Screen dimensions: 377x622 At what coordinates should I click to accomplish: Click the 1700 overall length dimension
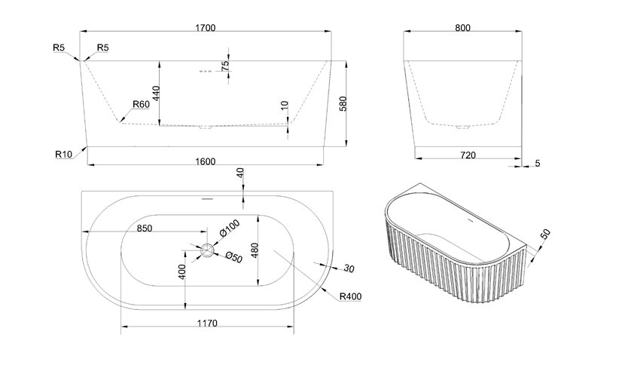click(205, 28)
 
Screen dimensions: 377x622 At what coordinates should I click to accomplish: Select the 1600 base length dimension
click(205, 161)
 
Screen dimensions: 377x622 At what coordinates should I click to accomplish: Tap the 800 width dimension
click(463, 28)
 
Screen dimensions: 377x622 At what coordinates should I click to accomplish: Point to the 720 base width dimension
click(467, 155)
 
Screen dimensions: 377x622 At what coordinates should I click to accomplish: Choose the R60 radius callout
click(140, 104)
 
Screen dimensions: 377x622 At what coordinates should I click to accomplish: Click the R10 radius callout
click(63, 154)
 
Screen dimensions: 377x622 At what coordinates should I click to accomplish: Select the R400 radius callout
click(350, 296)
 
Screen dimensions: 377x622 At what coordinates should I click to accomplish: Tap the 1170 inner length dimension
click(208, 323)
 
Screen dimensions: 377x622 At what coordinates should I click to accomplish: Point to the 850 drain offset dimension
click(144, 229)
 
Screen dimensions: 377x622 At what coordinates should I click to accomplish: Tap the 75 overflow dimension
click(225, 66)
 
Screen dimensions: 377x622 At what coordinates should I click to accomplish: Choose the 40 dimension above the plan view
click(240, 173)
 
